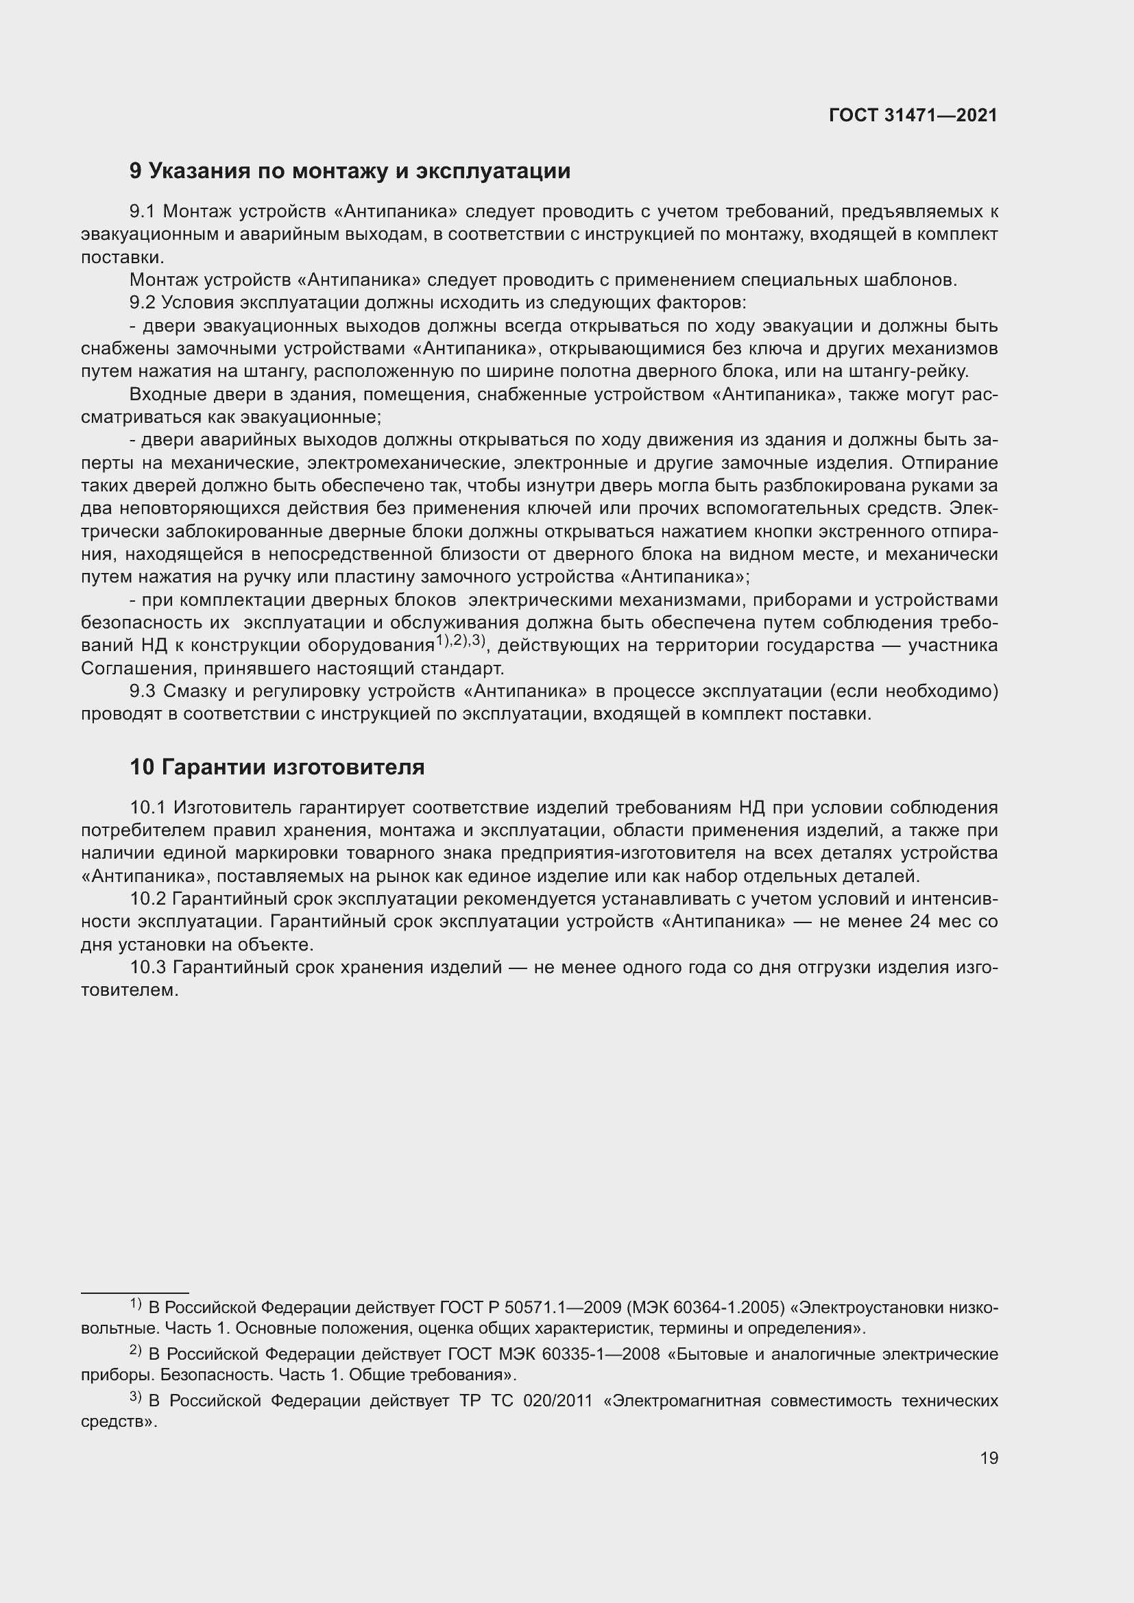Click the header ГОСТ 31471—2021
coord(913,115)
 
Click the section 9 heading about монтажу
coord(350,171)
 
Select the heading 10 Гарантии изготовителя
coord(276,768)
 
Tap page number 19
coord(989,1458)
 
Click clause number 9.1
coord(143,212)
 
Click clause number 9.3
coord(143,692)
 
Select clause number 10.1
coord(147,808)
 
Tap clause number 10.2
coord(147,899)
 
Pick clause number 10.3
coord(147,968)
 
